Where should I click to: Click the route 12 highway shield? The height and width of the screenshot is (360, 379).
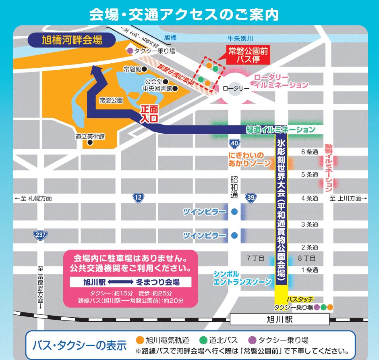tap(139, 197)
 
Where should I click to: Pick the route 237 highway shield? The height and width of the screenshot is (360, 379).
tap(39, 235)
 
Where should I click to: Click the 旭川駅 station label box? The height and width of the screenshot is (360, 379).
tap(281, 320)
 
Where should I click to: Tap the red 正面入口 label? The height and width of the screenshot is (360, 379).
tap(148, 114)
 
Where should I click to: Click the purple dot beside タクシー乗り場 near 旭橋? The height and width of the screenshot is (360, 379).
tap(130, 51)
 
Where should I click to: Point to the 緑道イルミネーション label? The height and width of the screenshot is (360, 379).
tap(281, 130)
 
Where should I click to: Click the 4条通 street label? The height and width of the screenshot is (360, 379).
tap(309, 198)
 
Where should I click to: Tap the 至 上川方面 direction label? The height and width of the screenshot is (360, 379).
tap(348, 198)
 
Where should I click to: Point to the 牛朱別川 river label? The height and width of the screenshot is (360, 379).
tap(240, 38)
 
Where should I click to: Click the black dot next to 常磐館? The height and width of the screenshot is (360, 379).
tap(144, 69)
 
